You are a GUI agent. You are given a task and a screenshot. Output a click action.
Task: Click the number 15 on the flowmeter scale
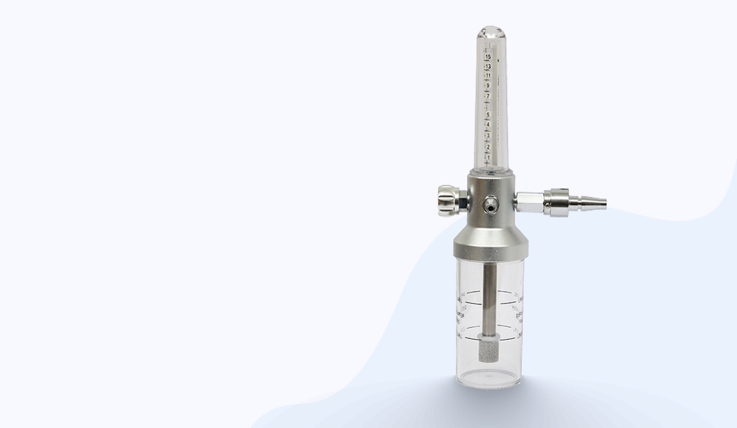[488, 56]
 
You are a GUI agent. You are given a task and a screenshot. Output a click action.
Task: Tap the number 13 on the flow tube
[488, 66]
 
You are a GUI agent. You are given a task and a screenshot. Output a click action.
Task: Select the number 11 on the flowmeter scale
[488, 75]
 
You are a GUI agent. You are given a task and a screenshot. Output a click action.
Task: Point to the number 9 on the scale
[488, 86]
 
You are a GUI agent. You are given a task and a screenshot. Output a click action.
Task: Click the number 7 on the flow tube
[488, 96]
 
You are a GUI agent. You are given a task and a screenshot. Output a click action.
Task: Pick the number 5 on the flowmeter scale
[488, 116]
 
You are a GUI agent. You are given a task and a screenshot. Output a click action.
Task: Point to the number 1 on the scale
[488, 158]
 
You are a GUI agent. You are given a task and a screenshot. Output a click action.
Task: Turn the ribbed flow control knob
[447, 201]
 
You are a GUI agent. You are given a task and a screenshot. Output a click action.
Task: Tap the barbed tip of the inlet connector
[594, 203]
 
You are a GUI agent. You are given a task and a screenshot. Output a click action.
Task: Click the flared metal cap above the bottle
[491, 240]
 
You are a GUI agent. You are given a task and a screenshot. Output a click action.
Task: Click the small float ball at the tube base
[490, 167]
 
